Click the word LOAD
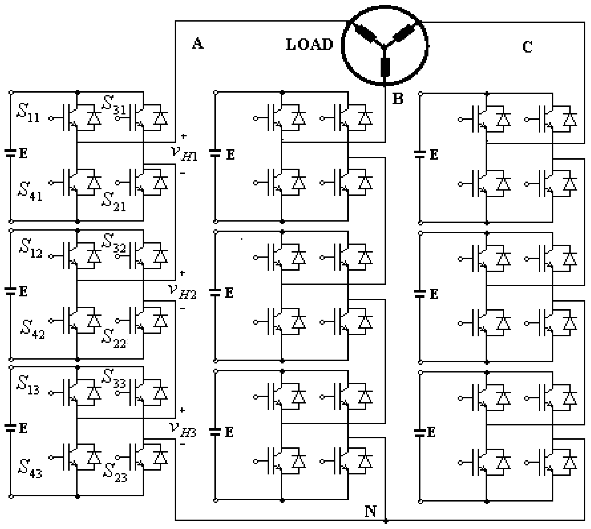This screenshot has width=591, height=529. tap(309, 45)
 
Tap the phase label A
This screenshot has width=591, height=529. tap(198, 44)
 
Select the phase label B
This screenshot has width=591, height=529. tap(398, 99)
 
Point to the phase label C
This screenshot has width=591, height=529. tap(527, 47)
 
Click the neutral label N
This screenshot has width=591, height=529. tap(370, 511)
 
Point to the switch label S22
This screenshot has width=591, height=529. tap(114, 339)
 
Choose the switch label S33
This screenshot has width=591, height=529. tap(114, 378)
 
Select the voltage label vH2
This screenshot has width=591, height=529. tap(182, 292)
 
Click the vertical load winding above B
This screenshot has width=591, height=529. tap(385, 67)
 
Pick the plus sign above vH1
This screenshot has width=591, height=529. tap(184, 136)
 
